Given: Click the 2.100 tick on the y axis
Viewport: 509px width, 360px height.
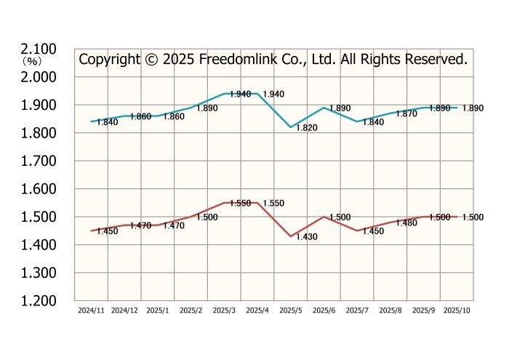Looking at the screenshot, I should tap(39, 49).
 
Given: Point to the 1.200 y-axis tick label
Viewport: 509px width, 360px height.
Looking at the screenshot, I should tap(39, 300).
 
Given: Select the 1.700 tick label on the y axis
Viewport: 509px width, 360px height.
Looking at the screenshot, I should tap(39, 161).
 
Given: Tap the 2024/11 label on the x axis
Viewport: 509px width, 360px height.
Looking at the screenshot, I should tap(91, 311).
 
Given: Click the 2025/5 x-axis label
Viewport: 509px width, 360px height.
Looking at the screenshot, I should tap(290, 311).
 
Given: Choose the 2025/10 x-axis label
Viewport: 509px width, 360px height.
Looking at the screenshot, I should tap(456, 311).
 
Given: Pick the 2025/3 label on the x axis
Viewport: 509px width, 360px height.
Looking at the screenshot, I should tap(224, 311).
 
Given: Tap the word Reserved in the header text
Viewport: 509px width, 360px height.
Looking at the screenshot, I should tap(433, 60).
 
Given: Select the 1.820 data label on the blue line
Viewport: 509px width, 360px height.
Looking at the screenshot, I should tap(306, 128).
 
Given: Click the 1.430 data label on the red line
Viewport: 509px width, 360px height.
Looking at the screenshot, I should tap(306, 238).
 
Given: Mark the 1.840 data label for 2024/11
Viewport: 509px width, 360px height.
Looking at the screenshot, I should tap(107, 122).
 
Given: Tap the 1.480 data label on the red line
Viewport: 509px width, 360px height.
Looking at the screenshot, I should tap(406, 223).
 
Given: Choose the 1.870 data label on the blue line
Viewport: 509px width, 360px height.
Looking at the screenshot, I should tap(406, 114).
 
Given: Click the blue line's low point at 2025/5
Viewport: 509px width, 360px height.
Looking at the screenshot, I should tap(290, 127).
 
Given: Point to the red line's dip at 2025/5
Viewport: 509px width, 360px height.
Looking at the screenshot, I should tap(290, 236).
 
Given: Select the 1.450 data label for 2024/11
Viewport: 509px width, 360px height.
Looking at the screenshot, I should tap(107, 231).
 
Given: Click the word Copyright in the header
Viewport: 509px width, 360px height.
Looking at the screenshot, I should tap(108, 60).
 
